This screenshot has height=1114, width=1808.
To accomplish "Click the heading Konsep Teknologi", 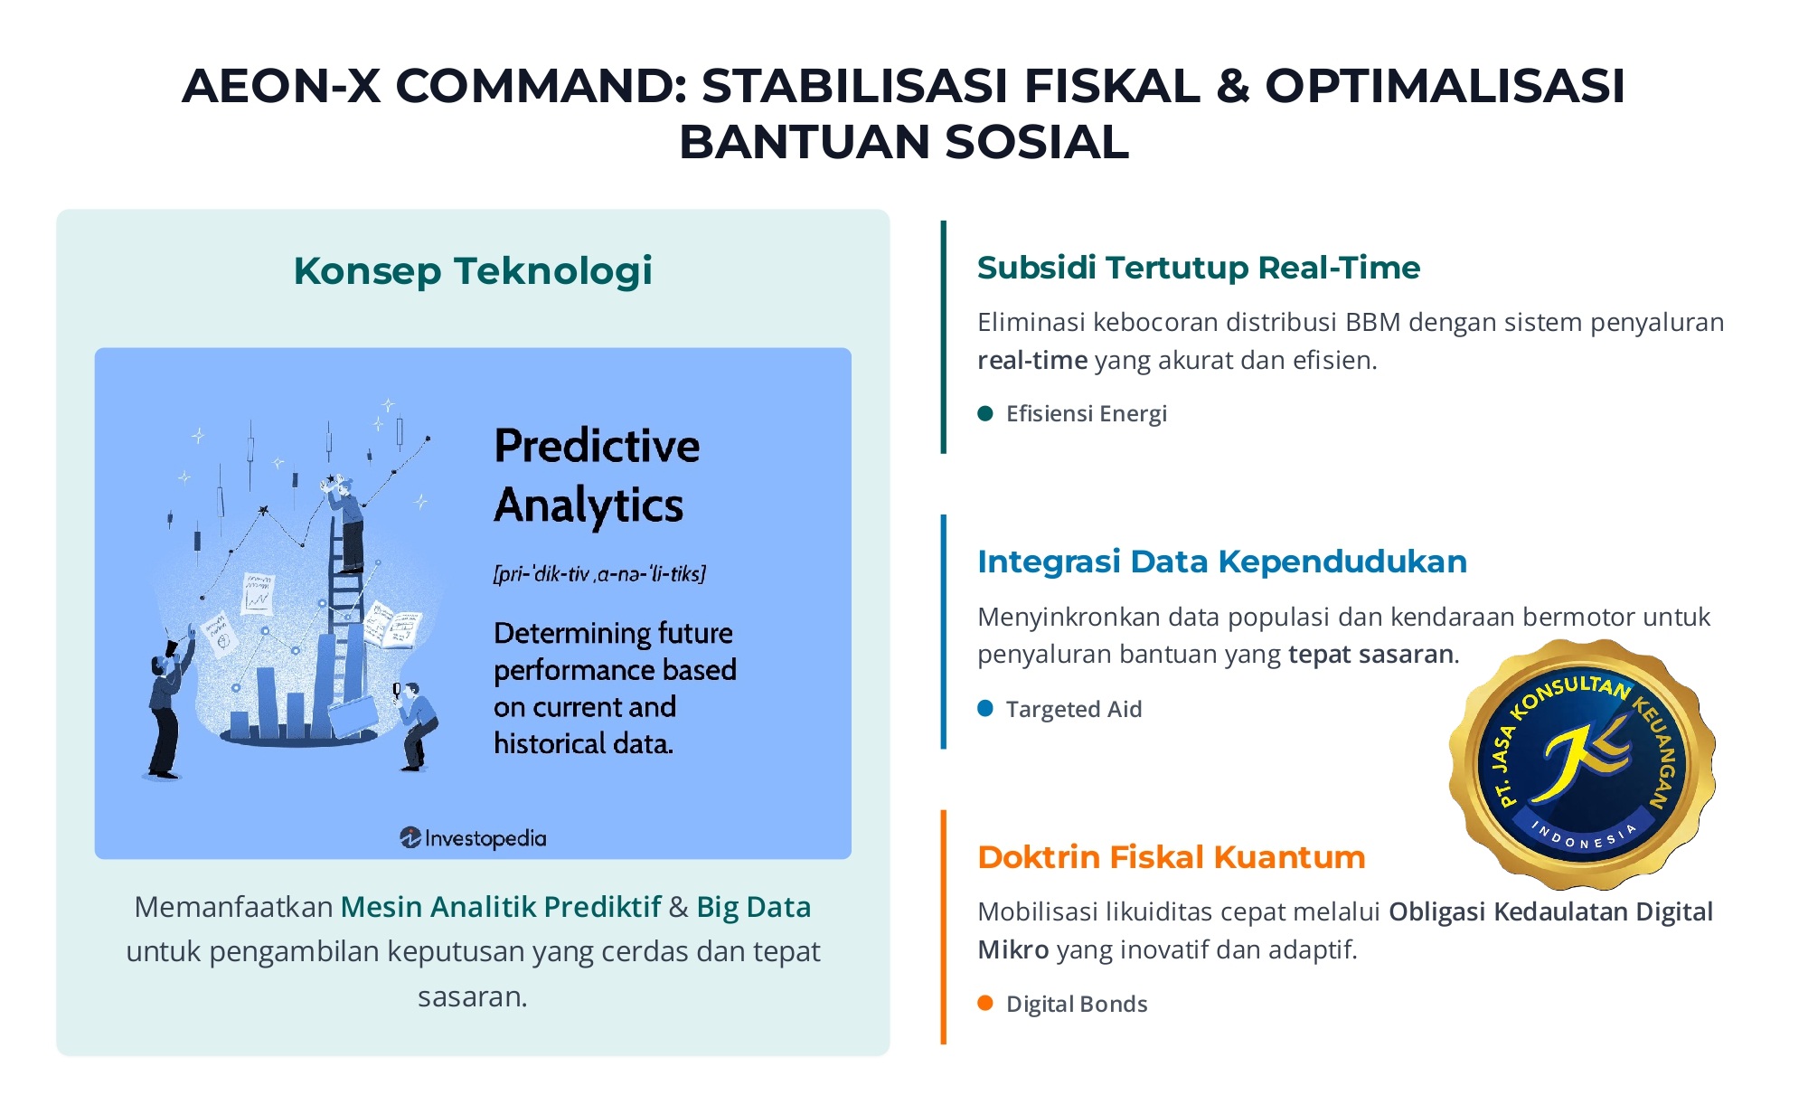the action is coord(473,271).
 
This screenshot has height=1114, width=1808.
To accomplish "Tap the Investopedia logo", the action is coord(473,838).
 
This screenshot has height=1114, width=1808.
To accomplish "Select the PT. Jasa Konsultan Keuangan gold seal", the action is coord(1582,764).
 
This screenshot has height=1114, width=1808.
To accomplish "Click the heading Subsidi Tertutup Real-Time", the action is coord(1199,268).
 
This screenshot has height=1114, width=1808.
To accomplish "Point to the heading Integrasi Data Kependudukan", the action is coord(1222,562).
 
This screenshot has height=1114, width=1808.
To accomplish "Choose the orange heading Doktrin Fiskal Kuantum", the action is coord(1172,857).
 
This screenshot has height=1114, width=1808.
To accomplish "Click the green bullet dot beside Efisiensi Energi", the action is coord(985,414).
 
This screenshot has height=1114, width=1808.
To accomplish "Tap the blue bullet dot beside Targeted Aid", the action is coord(985,708).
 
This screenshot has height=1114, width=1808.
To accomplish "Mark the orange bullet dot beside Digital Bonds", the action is coord(985,1003).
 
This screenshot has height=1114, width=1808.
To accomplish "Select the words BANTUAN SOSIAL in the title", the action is coord(904,142).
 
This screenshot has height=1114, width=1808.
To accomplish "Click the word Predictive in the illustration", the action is coord(597,446).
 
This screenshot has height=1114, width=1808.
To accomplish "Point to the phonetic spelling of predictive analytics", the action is coord(599,573).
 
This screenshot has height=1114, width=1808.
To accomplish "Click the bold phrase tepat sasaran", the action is coord(1370,654).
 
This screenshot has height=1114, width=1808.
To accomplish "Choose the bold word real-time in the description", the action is coord(1032,361).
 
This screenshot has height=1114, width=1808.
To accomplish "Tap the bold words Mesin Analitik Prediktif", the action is coord(501,907).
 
